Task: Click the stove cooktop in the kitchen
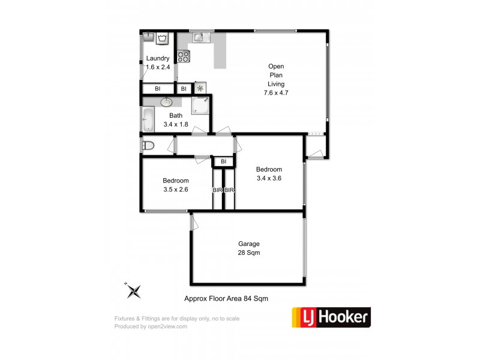[184, 57]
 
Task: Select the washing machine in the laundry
[163, 40]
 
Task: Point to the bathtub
[148, 119]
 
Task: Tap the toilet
[148, 145]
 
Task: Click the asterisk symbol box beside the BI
[201, 88]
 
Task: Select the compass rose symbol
[134, 291]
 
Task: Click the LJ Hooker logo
[331, 316]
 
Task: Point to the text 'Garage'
[249, 244]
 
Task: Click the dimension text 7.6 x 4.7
[277, 93]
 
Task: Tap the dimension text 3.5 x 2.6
[176, 190]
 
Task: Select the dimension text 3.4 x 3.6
[269, 178]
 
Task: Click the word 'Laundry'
[158, 58]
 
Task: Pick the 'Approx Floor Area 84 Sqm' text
[226, 298]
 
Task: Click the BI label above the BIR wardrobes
[223, 161]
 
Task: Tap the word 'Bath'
[176, 116]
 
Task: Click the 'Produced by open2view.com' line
[151, 326]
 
